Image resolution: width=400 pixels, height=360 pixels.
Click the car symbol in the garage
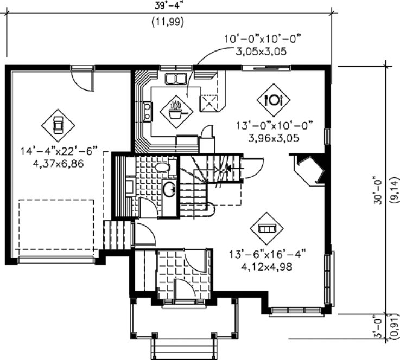click(x=58, y=125)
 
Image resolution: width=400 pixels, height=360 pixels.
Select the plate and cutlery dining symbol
click(x=272, y=99)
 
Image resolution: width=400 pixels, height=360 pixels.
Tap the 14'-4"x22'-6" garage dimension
click(x=55, y=151)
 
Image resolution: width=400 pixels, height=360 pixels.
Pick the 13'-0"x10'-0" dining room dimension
click(x=275, y=126)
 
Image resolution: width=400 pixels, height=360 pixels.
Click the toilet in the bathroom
click(x=162, y=168)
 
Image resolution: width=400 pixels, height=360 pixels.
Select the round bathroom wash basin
click(x=169, y=189)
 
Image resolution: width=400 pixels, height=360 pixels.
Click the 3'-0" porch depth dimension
click(x=378, y=325)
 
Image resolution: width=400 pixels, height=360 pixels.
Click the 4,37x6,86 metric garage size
click(x=55, y=163)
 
